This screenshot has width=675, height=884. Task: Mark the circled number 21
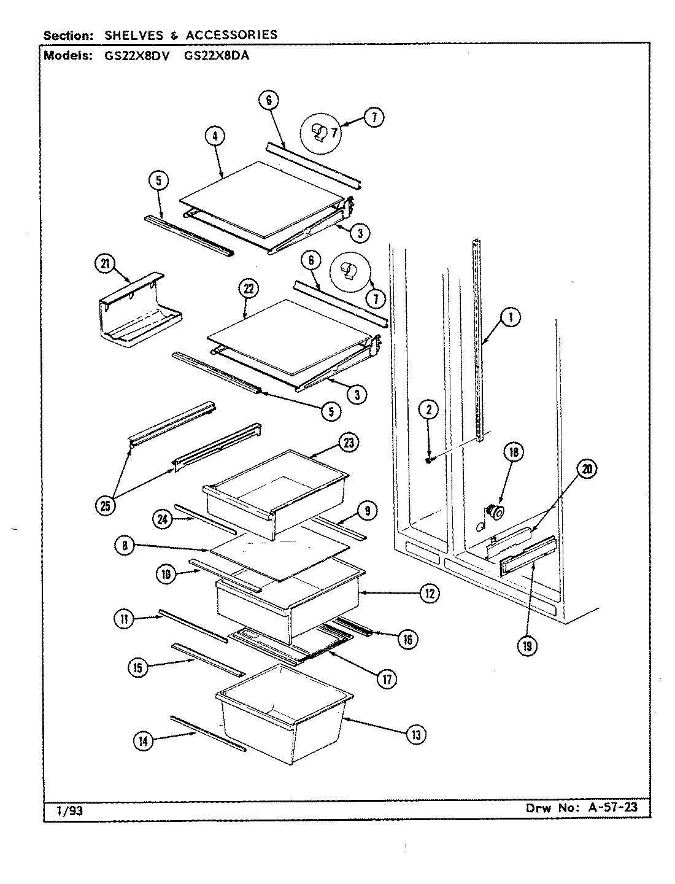tap(106, 265)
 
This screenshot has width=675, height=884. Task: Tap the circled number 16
tap(407, 639)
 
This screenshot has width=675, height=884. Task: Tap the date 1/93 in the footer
tap(69, 811)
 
